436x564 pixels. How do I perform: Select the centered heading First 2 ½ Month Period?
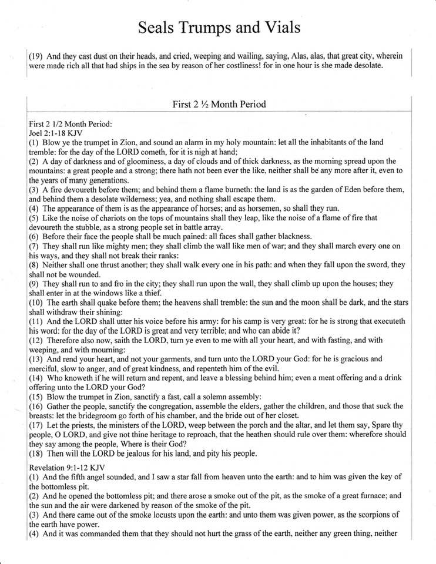[x=219, y=105]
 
